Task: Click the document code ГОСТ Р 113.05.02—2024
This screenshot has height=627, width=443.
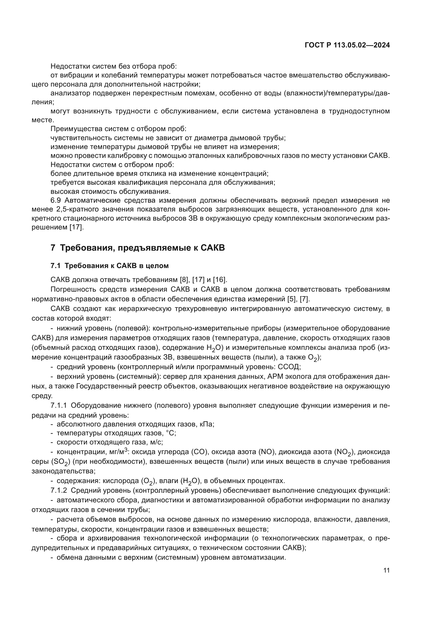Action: pos(347,45)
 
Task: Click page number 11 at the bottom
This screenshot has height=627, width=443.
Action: pos(386,570)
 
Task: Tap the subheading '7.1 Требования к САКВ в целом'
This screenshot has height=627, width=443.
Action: pos(110,266)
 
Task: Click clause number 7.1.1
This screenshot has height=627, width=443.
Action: pos(59,405)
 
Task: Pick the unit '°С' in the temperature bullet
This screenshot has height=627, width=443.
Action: pos(171,433)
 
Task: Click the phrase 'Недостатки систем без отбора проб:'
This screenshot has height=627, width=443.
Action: pos(114,66)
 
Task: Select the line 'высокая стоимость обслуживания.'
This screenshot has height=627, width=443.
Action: pos(110,191)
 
